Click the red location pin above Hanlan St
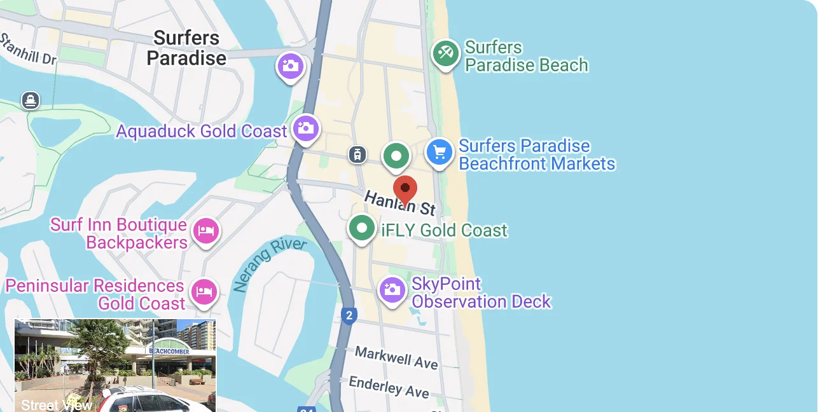(405, 189)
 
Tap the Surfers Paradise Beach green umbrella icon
(446, 53)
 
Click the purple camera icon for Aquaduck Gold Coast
(306, 128)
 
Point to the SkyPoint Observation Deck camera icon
(392, 290)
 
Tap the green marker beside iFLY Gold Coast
(362, 227)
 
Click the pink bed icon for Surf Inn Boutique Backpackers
(205, 230)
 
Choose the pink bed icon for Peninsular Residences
(204, 292)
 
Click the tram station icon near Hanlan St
(358, 154)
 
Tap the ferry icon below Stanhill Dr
(30, 100)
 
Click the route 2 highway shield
(349, 315)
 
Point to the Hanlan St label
(399, 203)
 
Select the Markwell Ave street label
(396, 357)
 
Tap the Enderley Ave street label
(389, 386)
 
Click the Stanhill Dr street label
(29, 50)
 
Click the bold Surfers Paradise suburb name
(186, 48)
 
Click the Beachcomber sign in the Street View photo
(169, 350)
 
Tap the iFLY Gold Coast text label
(444, 230)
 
